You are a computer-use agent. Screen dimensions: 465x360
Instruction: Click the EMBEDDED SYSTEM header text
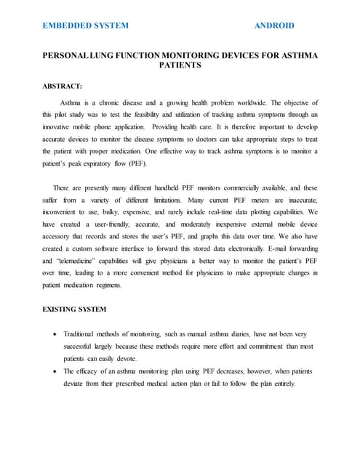point(85,25)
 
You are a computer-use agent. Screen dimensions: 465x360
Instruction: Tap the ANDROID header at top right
point(274,25)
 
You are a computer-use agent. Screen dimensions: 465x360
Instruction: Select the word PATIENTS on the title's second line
point(180,65)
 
